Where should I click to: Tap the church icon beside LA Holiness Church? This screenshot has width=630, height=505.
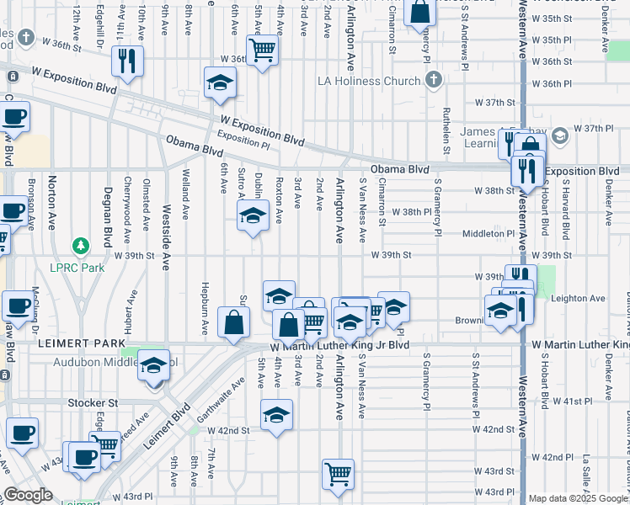(433, 81)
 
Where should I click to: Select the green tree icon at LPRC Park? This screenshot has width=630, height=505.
(81, 246)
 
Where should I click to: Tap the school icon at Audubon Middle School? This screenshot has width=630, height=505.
(153, 366)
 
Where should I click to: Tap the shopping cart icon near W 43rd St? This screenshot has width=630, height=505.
(338, 474)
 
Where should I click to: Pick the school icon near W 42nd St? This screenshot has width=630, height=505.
(276, 415)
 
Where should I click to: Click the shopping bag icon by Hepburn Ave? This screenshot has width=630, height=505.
(233, 322)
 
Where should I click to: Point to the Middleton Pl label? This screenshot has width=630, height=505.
(487, 233)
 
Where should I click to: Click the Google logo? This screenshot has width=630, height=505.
(28, 495)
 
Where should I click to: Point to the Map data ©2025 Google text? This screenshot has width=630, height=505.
(577, 498)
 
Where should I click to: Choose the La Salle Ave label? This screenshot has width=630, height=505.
(584, 477)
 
